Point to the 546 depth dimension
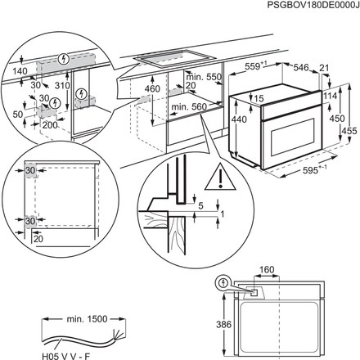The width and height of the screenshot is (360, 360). click(302, 68)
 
